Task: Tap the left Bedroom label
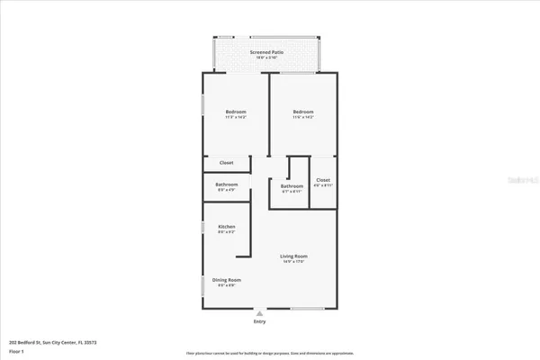click(x=236, y=112)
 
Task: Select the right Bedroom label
click(x=303, y=112)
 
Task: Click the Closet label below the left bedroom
click(x=227, y=163)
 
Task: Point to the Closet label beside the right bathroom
click(x=324, y=180)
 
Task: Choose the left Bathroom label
click(x=226, y=184)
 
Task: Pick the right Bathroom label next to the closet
click(x=292, y=185)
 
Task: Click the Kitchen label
click(x=226, y=226)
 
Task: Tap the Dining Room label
click(x=226, y=280)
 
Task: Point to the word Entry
click(x=260, y=321)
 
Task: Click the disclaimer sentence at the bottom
click(x=270, y=353)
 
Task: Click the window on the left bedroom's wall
click(x=202, y=109)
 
